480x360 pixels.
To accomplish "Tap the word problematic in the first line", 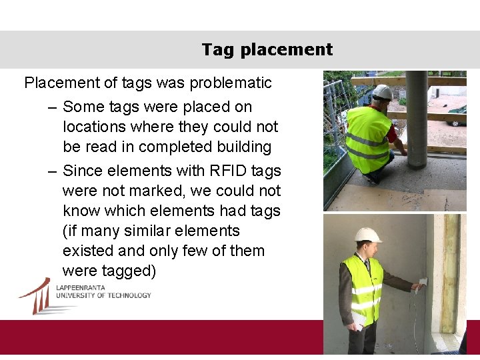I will pyautogui.click(x=231, y=83).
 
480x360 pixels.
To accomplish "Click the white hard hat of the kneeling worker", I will pyautogui.click(x=382, y=91).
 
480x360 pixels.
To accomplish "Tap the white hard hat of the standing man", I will pyautogui.click(x=367, y=235).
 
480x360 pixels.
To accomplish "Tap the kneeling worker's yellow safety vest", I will pyautogui.click(x=368, y=137).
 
